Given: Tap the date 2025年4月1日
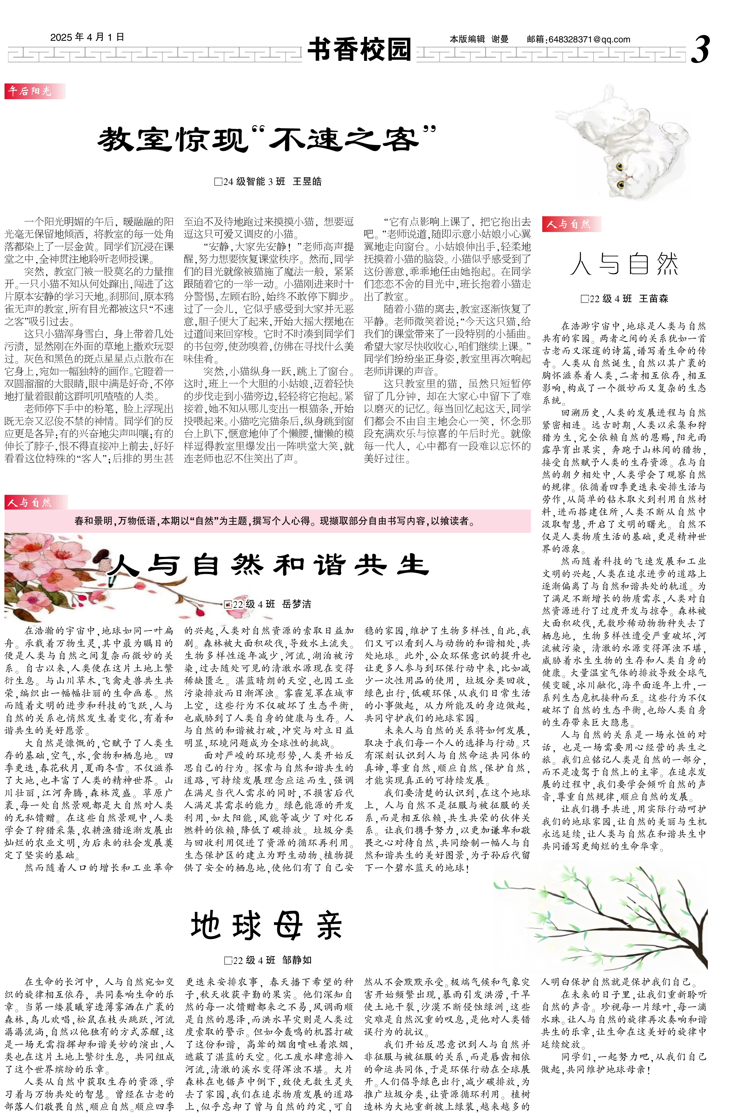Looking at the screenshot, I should click(87, 37).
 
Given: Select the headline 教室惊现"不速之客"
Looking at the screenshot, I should click(267, 139).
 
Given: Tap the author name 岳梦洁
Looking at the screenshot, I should click(296, 604).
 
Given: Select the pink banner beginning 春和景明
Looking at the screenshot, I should click(268, 521).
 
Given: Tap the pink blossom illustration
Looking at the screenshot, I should click(52, 572).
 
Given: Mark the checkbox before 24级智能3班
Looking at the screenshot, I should click(218, 182).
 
